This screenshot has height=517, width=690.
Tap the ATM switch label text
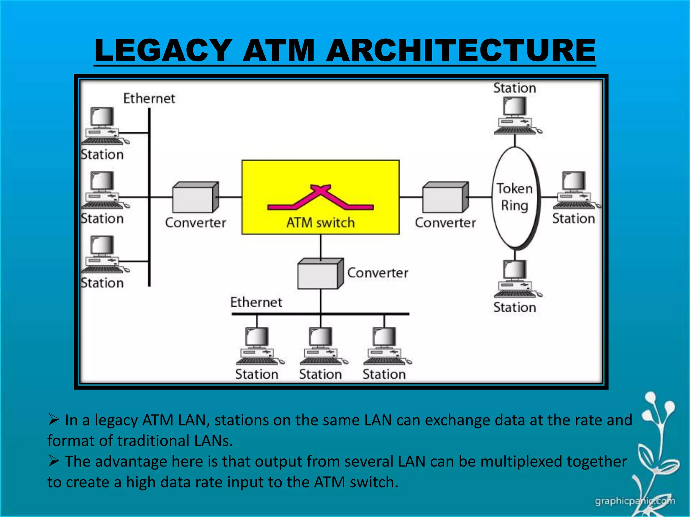pos(320,223)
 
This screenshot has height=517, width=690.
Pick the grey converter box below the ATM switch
pos(320,274)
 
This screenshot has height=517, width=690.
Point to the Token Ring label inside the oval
pos(514,197)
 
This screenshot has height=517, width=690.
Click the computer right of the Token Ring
pos(575,191)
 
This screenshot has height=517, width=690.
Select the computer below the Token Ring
pos(516,279)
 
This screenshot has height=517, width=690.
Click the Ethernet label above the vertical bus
pos(149,99)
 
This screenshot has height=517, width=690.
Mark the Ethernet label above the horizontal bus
pos(256,302)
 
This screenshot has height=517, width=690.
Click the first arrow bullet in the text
pos(54,419)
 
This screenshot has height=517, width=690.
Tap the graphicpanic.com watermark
pos(635,501)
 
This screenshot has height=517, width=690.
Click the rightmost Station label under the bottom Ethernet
pos(384,374)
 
